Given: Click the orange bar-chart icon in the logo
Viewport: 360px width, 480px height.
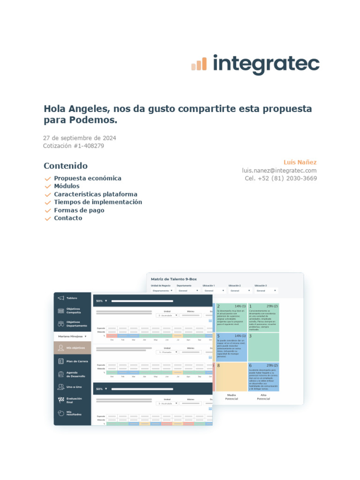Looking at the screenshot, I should click(199, 64).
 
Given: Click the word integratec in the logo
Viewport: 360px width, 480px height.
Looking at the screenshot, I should click(266, 64).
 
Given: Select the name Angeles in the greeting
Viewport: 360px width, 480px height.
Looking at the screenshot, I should click(90, 109).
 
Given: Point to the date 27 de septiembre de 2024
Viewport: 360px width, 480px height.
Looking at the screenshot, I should click(80, 138).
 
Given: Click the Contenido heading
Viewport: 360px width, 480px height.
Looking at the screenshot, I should click(66, 166).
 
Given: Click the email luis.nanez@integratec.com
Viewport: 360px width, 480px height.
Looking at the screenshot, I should click(279, 171).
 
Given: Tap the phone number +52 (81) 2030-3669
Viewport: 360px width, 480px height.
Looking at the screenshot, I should click(287, 179).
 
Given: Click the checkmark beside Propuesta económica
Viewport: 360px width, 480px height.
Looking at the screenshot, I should click(47, 179).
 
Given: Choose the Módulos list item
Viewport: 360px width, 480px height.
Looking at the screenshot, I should click(67, 186).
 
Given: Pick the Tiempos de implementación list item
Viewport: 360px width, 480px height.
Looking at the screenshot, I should click(98, 202).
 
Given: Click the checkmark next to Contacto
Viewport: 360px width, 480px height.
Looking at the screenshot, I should click(47, 218).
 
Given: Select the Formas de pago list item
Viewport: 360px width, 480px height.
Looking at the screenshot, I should click(79, 210).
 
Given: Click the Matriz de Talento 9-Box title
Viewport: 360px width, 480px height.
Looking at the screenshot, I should click(174, 279).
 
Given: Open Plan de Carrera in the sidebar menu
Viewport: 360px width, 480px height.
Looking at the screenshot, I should click(77, 361).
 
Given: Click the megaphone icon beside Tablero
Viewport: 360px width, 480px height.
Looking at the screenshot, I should click(60, 298).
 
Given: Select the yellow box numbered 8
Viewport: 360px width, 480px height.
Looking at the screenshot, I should click(231, 376).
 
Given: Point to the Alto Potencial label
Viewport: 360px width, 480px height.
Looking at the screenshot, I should click(263, 397).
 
